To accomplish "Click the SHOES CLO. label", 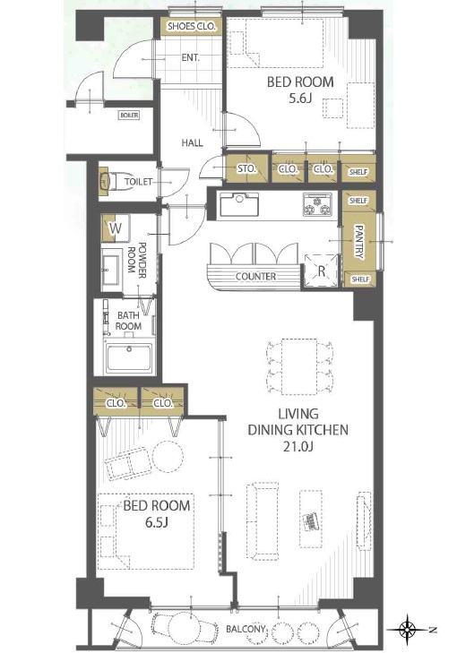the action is [192, 26].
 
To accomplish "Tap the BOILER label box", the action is [129, 115].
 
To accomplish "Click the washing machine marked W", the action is [116, 228].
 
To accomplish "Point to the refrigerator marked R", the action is [321, 271].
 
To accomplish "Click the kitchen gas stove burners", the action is [317, 204].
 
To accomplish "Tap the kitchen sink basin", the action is [239, 204].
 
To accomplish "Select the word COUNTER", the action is [255, 276].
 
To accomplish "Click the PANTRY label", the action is [358, 242].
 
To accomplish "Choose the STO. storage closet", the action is [246, 168].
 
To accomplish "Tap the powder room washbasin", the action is [112, 270].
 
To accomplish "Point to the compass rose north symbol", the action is [408, 628].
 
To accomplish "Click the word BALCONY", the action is [246, 629].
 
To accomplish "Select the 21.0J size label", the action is [297, 446].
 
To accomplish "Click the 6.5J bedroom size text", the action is [156, 522].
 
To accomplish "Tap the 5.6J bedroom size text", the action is [300, 99].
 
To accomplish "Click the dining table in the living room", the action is [298, 366].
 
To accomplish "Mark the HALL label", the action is [192, 142].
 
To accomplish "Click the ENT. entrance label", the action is [190, 57].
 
